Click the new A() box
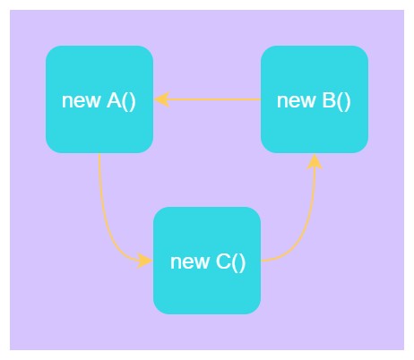99,99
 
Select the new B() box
315,99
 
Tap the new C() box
207,261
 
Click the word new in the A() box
81,101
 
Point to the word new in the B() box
296,101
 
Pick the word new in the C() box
190,262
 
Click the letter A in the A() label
114,100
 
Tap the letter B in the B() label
329,100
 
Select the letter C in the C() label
223,261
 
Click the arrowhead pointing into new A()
161,99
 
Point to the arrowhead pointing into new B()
315,162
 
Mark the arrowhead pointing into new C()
145,261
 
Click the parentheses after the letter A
129,101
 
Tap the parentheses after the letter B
344,101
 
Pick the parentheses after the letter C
238,262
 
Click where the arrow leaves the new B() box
261,99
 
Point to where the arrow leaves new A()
99,153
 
